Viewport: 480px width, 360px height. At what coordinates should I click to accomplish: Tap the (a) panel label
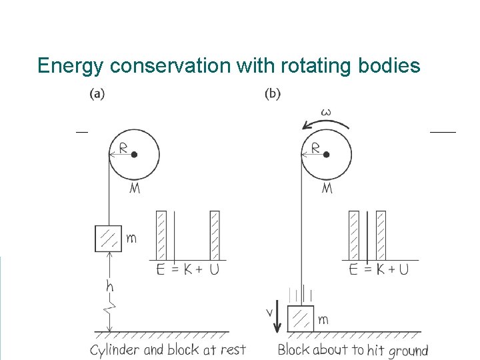click(x=97, y=94)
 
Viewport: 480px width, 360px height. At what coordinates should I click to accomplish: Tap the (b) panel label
click(x=273, y=94)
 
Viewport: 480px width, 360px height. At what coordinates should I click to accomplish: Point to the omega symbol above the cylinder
click(x=326, y=112)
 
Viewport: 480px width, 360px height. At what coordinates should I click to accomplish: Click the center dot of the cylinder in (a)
click(x=134, y=155)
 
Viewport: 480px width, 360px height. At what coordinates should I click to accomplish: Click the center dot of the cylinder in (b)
click(x=326, y=155)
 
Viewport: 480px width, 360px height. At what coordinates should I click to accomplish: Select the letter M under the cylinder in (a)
click(x=135, y=188)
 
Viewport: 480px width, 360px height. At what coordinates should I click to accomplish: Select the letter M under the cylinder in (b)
click(x=327, y=188)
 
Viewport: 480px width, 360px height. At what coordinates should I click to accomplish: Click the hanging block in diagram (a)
click(x=108, y=238)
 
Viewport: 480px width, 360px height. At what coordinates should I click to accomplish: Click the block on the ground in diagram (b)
click(x=300, y=319)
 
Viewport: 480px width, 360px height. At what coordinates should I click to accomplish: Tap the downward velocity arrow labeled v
click(x=277, y=319)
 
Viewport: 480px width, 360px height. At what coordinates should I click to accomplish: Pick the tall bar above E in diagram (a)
click(x=161, y=235)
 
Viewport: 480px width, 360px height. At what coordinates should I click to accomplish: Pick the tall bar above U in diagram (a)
click(x=215, y=235)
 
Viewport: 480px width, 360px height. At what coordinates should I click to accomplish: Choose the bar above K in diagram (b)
click(x=381, y=235)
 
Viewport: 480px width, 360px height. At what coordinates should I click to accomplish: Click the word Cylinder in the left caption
click(x=115, y=349)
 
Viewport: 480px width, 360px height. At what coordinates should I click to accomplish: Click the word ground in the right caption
click(x=407, y=350)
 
